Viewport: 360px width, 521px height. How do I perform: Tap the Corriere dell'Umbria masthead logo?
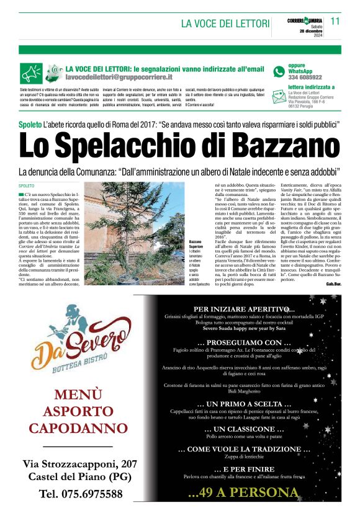click(305, 20)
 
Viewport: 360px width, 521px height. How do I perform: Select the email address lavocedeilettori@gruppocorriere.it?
click(119, 78)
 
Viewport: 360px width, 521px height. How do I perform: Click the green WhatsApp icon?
click(279, 72)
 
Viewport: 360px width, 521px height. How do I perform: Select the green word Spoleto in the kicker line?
click(30, 125)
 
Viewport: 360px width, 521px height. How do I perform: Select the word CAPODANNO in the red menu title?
click(78, 428)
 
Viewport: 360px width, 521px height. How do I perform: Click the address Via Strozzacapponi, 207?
click(80, 463)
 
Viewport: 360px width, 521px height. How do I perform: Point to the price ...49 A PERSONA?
click(243, 492)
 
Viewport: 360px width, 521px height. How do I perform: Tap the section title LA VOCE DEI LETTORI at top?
click(225, 24)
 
